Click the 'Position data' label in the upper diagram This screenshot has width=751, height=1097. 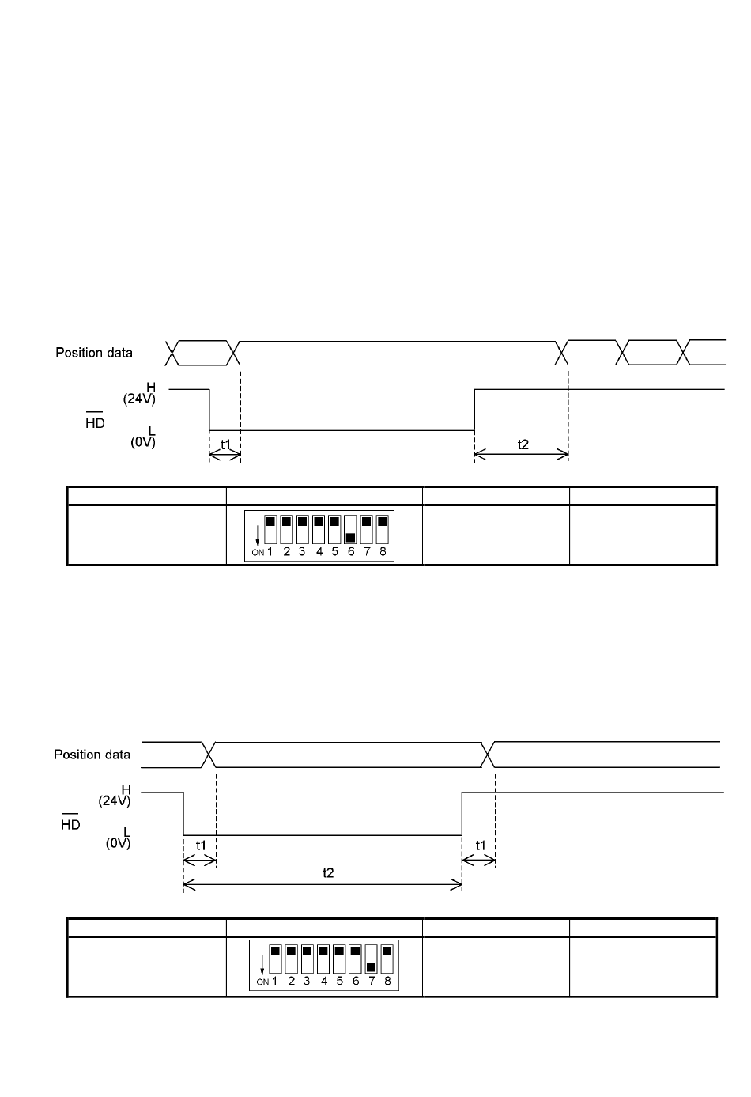[94, 353]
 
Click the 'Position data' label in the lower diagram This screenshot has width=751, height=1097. [92, 755]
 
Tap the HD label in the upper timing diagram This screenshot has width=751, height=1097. [95, 423]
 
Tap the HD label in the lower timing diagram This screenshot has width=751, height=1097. [70, 825]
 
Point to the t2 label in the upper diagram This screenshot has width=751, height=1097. [523, 444]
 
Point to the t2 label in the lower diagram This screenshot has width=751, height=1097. [328, 872]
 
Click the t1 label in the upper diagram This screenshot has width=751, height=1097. [225, 444]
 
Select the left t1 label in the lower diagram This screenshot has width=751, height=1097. [201, 845]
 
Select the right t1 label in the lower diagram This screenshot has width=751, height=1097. [481, 845]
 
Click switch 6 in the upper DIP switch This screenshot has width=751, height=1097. [350, 529]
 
